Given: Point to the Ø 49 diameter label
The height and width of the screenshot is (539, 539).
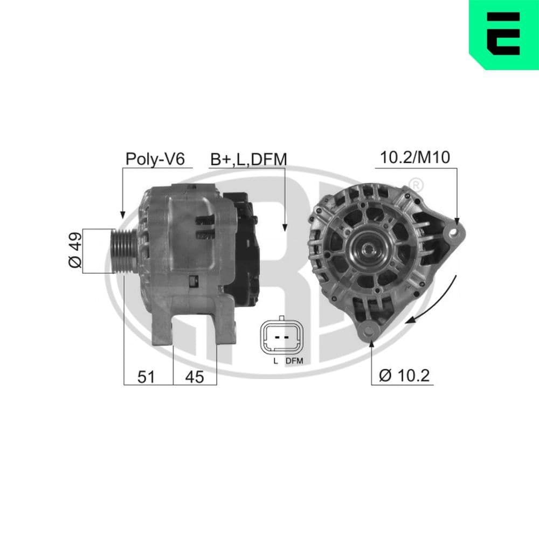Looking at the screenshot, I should coord(75,251).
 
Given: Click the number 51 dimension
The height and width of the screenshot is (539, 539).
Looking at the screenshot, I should coord(146,377).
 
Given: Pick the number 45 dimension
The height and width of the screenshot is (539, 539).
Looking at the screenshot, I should coord(195,377).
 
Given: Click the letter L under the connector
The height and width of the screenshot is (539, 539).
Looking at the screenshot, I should coord(275,361).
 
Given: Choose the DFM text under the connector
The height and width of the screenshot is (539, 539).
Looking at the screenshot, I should coord(294,361).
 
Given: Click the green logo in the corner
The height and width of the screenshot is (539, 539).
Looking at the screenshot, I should coord(504,33).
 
